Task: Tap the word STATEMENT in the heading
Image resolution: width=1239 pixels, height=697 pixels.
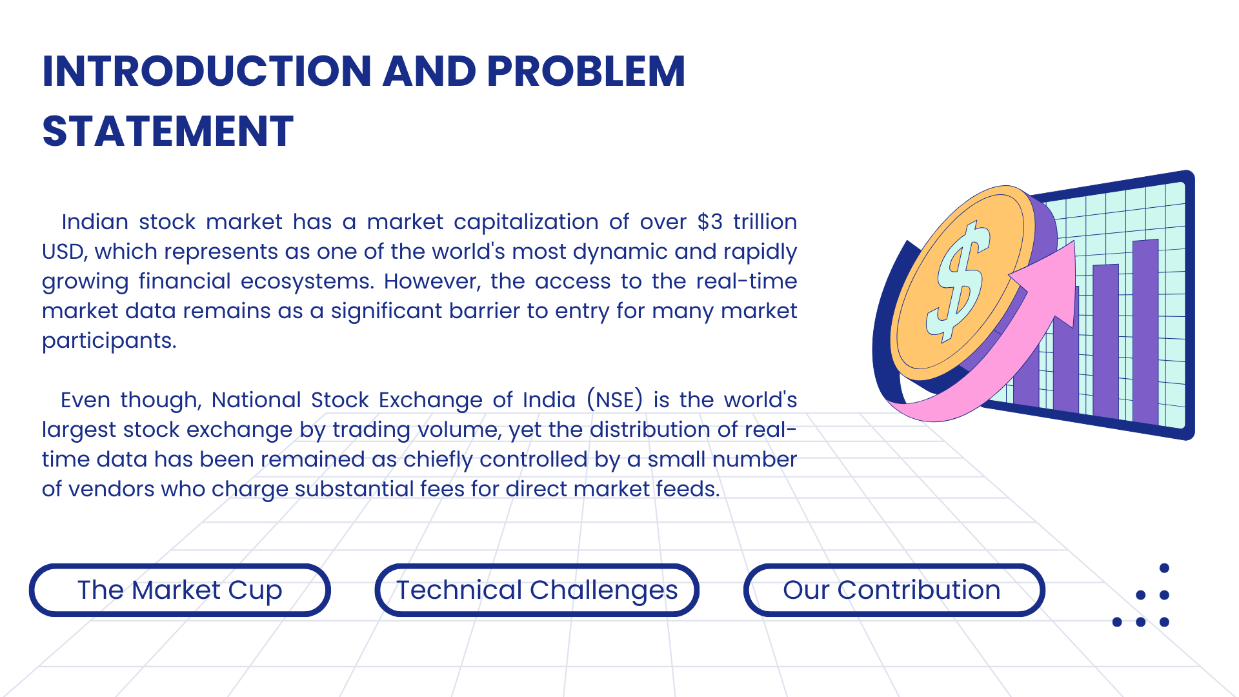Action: click(168, 132)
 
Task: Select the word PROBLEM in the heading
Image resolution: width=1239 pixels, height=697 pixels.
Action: click(586, 71)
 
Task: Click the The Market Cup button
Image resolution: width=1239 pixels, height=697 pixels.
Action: click(180, 590)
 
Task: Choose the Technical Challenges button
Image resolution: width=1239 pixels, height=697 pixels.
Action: click(537, 590)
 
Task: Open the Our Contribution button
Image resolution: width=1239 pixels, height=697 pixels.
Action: click(894, 590)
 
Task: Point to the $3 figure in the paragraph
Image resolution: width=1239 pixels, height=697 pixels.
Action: click(710, 222)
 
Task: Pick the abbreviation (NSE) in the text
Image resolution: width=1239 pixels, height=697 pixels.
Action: click(615, 400)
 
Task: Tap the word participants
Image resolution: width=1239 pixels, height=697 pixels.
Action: click(109, 341)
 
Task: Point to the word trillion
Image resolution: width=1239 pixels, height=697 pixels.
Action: click(765, 222)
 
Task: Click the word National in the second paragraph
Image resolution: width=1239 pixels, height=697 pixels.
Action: click(256, 400)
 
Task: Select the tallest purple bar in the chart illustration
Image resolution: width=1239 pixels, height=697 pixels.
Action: click(1145, 332)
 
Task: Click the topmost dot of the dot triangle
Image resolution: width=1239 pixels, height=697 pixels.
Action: click(1164, 568)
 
